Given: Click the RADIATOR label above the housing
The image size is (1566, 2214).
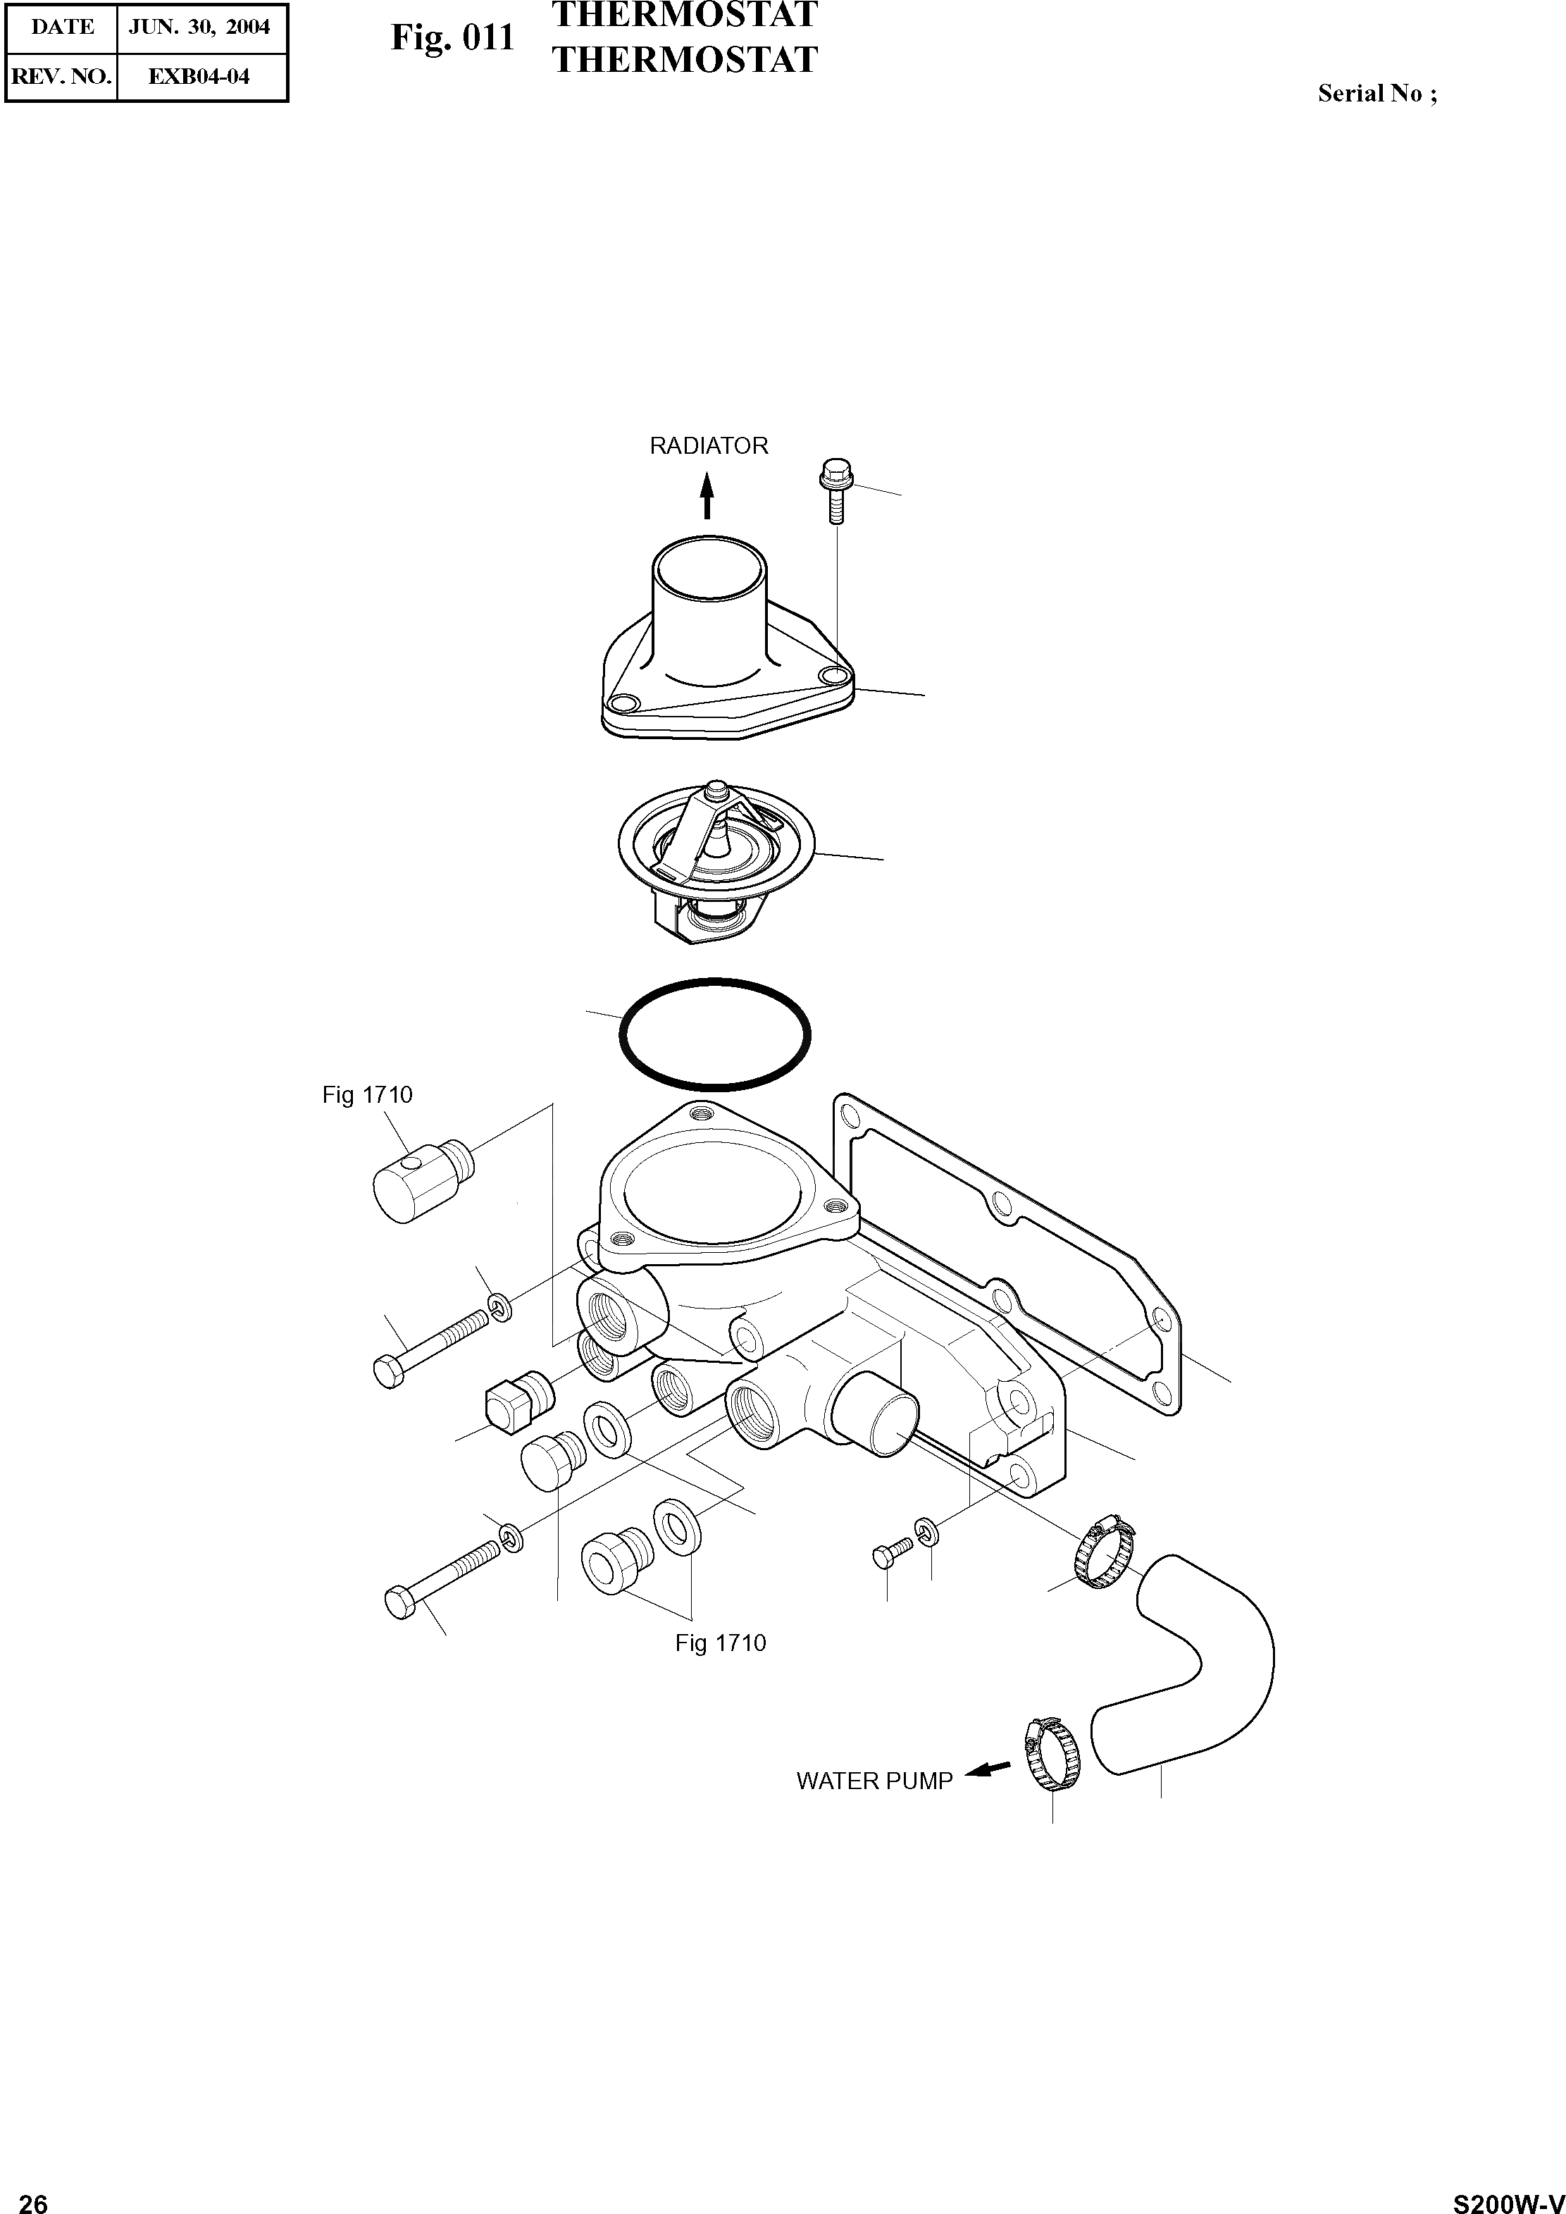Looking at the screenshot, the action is (x=709, y=445).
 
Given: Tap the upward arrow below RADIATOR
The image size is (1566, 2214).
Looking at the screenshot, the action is (x=707, y=495).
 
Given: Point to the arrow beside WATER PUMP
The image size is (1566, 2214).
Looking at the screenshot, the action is (x=988, y=1769).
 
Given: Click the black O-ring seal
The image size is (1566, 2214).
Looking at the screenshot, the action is (x=714, y=1034).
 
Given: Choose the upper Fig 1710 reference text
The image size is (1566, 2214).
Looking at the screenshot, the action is (x=368, y=1096).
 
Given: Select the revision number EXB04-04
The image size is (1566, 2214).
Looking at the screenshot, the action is (x=199, y=77).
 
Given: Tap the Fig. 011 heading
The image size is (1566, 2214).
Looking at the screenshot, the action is (x=452, y=37).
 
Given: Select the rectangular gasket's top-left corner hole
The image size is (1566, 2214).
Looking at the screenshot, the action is (x=850, y=1118).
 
